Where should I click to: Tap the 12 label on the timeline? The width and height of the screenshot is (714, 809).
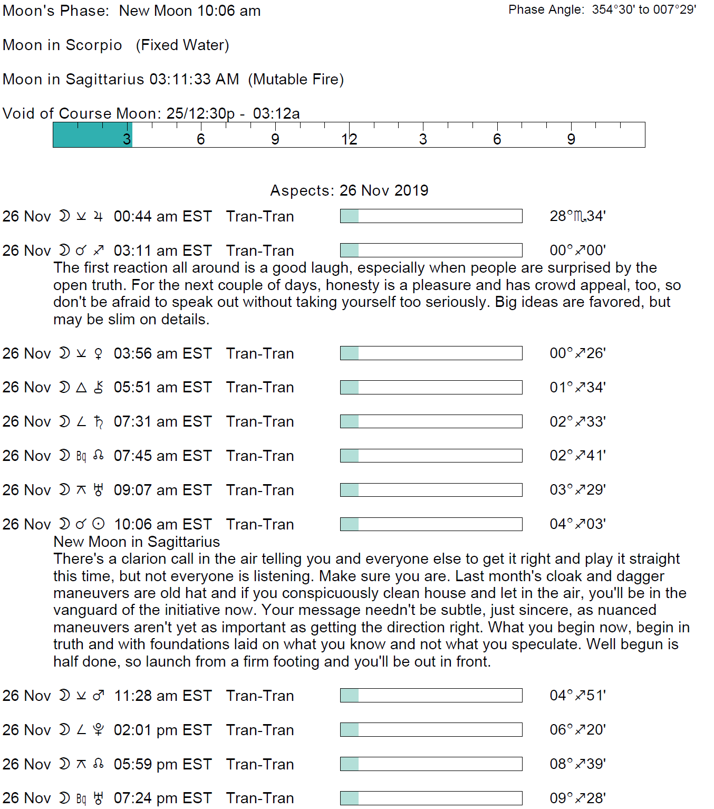[x=349, y=139]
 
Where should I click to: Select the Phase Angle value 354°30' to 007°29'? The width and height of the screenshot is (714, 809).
[x=644, y=9]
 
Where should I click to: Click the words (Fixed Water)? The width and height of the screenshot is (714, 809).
[x=182, y=45]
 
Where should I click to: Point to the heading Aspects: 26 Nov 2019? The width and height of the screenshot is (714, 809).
[x=349, y=190]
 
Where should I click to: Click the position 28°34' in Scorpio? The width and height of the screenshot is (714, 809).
[x=577, y=216]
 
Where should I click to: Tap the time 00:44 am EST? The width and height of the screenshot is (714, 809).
[x=162, y=217]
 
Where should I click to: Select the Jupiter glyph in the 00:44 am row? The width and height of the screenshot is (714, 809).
[x=98, y=216]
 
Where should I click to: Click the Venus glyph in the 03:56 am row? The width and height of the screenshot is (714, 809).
[x=98, y=353]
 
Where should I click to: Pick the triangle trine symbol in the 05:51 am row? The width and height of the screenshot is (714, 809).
[x=81, y=388]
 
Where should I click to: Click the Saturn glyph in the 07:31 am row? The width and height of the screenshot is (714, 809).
[x=98, y=422]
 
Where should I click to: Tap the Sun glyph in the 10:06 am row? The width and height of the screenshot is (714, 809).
[x=99, y=524]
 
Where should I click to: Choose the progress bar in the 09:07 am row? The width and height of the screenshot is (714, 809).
[x=431, y=490]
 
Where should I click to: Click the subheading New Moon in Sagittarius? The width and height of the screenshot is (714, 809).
[x=137, y=542]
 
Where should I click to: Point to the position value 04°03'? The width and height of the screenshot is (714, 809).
[x=577, y=524]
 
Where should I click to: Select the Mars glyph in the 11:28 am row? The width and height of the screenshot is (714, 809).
[x=99, y=696]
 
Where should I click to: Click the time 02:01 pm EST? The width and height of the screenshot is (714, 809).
[x=162, y=730]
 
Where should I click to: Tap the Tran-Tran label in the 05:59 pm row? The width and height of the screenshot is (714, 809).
[x=260, y=764]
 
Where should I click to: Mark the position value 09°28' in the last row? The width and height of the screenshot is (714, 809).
[x=577, y=798]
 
